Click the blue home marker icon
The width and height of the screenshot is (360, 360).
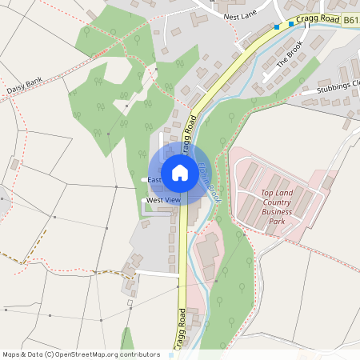tap(180, 172)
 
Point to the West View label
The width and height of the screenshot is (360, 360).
tap(163, 199)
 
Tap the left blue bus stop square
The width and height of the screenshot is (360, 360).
tap(277, 26)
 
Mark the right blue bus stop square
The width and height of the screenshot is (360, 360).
tap(291, 23)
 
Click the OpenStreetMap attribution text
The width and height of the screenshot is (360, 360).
tap(82, 354)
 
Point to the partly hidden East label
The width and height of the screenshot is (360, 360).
tap(154, 180)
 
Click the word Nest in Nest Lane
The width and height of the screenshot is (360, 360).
tap(232, 16)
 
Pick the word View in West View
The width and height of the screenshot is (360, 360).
tap(172, 199)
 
